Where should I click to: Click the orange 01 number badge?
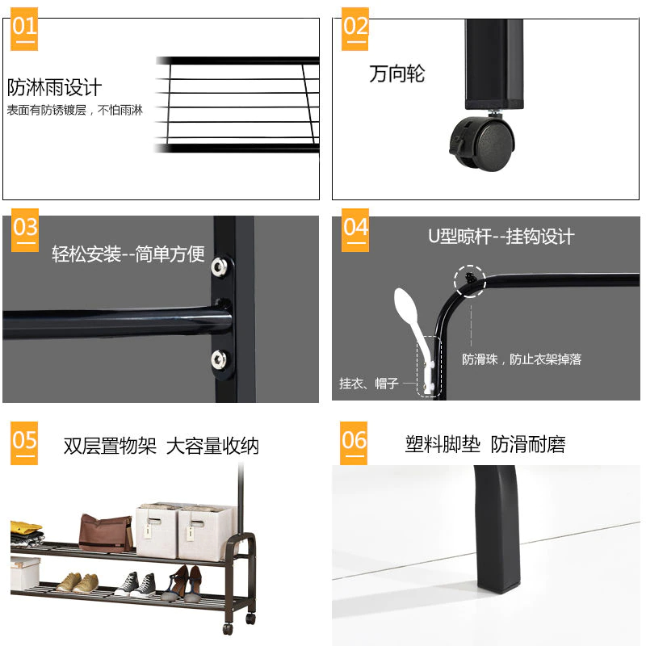coord(24,29)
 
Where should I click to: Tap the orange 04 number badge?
coord(355,230)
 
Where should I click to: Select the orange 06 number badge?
coord(354,443)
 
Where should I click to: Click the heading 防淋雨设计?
coord(54,87)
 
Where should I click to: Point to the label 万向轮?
coord(396,73)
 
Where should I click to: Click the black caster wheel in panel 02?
coord(483,144)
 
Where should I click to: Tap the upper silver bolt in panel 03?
coord(219,266)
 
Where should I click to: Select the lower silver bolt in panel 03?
coord(218,359)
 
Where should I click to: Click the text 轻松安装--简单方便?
coord(128,254)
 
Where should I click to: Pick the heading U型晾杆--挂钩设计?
coord(501,237)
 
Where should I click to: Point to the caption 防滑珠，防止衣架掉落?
coord(522,359)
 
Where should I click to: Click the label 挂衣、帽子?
coord(369,384)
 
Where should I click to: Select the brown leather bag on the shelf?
coord(106,533)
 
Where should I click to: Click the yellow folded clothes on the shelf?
coord(26,527)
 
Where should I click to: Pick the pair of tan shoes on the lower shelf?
coord(78,582)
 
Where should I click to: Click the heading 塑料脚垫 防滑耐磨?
coord(485,445)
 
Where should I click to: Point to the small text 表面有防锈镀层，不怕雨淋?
coord(74,110)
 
